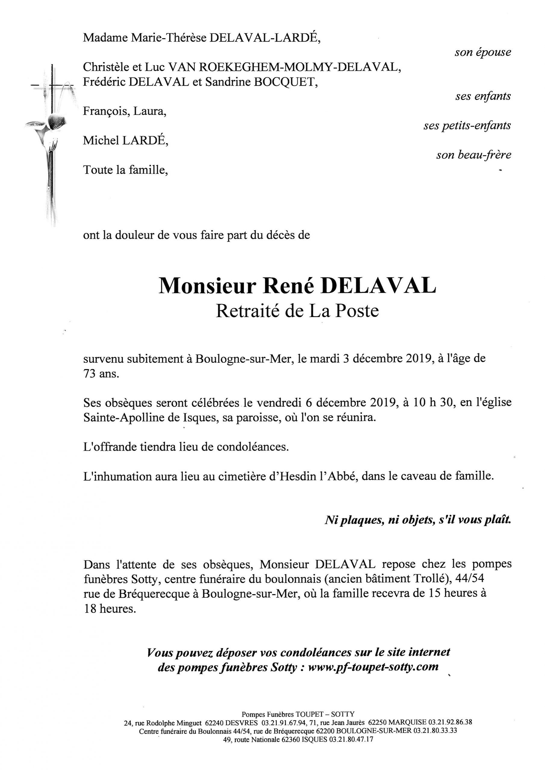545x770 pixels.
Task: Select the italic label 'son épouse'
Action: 483,52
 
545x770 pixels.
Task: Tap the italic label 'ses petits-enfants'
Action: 467,126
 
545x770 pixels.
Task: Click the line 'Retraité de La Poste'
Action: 297,311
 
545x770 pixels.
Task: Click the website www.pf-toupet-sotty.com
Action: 373,667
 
